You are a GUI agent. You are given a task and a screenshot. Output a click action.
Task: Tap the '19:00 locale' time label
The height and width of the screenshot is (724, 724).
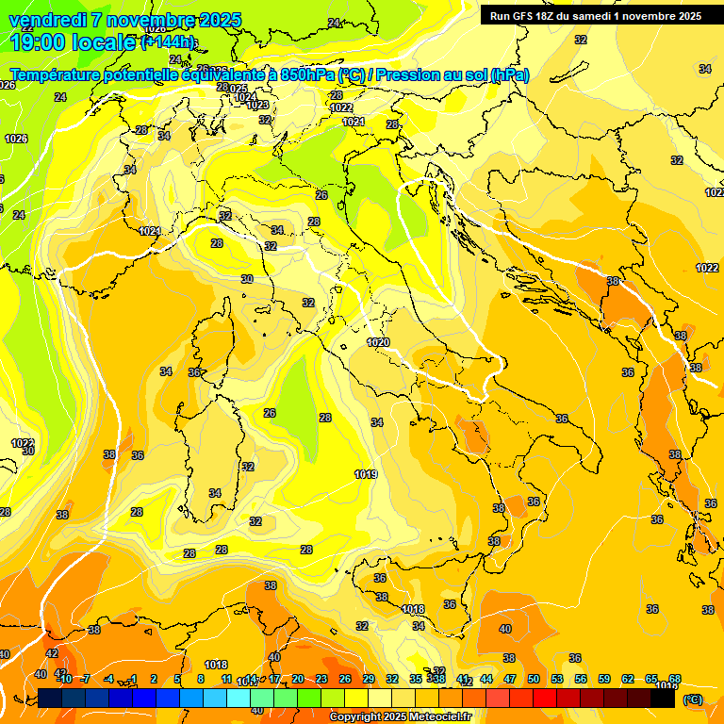pyautogui.click(x=74, y=42)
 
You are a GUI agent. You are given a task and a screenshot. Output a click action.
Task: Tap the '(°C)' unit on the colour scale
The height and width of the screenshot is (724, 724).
pyautogui.click(x=691, y=699)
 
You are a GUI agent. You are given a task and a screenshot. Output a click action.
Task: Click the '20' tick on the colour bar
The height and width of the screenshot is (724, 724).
pyautogui.click(x=298, y=680)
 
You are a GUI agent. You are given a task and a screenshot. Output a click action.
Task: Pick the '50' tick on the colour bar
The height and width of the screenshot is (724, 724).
pyautogui.click(x=534, y=680)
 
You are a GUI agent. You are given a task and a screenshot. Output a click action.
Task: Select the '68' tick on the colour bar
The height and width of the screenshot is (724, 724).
pyautogui.click(x=675, y=680)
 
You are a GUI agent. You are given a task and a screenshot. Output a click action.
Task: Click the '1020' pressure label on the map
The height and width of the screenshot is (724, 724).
pyautogui.click(x=378, y=342)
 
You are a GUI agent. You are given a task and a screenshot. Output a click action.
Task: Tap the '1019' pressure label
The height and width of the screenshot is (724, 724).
pyautogui.click(x=367, y=474)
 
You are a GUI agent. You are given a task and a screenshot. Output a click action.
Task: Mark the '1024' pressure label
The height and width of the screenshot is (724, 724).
pyautogui.click(x=245, y=97)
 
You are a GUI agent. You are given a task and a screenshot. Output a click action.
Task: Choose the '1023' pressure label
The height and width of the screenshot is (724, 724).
pyautogui.click(x=257, y=106)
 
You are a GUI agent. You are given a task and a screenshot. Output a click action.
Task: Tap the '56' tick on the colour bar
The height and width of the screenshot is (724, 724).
pyautogui.click(x=581, y=680)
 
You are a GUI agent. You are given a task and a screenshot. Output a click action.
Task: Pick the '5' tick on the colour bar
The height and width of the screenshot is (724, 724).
pyautogui.click(x=177, y=680)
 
